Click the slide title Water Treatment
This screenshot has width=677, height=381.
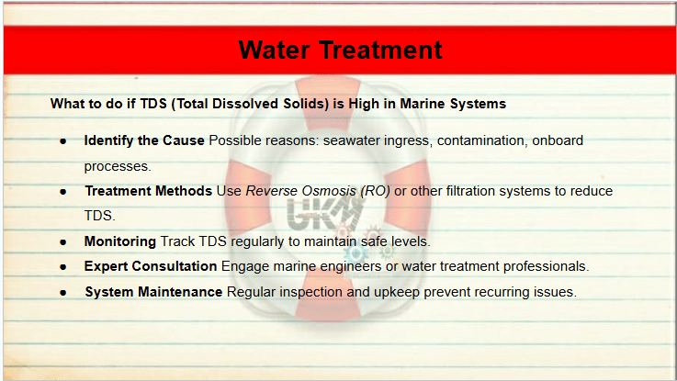pyautogui.click(x=340, y=50)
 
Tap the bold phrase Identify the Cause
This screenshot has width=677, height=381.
pyautogui.click(x=144, y=140)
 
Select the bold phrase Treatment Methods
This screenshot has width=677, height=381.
pyautogui.click(x=149, y=191)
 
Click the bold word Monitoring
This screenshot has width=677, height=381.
pyautogui.click(x=120, y=241)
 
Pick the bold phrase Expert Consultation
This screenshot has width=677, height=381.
pyautogui.click(x=151, y=266)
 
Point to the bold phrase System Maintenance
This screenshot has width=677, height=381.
pyautogui.click(x=153, y=292)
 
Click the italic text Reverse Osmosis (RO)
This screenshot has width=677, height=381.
pyautogui.click(x=318, y=191)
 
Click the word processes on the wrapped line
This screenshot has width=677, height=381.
pyautogui.click(x=118, y=166)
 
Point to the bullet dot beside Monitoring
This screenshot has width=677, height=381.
pyautogui.click(x=63, y=242)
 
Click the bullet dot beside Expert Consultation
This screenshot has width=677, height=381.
pyautogui.click(x=63, y=267)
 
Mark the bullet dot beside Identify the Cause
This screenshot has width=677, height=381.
pyautogui.click(x=63, y=141)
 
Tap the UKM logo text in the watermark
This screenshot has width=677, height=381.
pyautogui.click(x=323, y=214)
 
